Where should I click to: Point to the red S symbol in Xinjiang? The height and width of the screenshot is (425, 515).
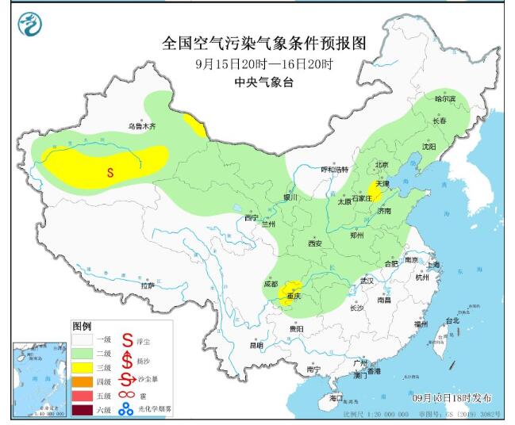110,170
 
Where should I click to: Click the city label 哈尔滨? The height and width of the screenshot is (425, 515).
446,99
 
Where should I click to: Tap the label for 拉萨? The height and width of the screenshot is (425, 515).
148,285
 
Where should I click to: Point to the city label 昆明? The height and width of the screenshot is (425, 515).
256,345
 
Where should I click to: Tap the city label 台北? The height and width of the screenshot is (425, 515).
451,321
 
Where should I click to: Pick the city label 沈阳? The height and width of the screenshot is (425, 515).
451,147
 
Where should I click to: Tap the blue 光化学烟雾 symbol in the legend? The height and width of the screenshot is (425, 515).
125,410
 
